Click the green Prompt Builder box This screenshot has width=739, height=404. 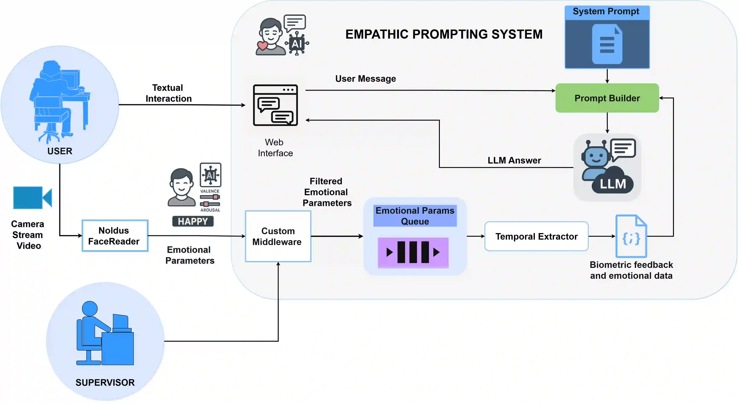(607, 98)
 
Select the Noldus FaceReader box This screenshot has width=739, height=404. (115, 236)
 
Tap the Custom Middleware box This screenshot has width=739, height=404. (278, 236)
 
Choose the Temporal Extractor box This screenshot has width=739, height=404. (536, 236)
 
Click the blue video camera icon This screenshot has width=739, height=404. (32, 198)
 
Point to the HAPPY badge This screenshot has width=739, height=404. (193, 221)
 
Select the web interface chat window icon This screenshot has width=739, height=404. (275, 105)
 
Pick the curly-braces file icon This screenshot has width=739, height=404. (631, 236)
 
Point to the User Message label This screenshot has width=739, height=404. (366, 78)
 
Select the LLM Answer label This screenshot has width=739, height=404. (514, 160)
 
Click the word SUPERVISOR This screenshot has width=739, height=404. (105, 382)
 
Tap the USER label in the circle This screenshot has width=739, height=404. (60, 151)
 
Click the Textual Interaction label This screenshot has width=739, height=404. (168, 93)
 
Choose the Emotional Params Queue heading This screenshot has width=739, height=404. (415, 216)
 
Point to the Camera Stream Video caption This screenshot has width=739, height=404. (28, 235)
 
